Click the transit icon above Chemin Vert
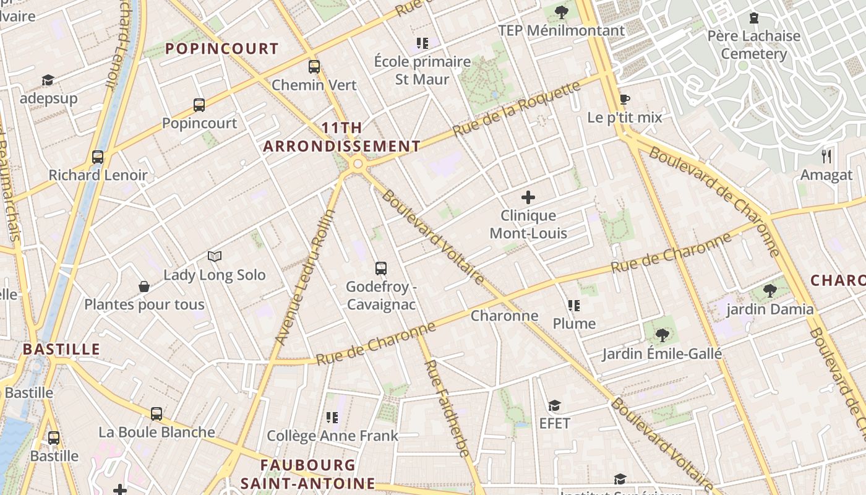click(314, 67)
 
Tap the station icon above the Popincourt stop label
click(199, 105)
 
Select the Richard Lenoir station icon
click(98, 157)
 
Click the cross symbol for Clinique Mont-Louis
click(528, 198)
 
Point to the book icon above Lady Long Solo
click(215, 256)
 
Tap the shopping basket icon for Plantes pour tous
click(144, 286)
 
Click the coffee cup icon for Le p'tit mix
click(625, 100)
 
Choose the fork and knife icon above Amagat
click(826, 156)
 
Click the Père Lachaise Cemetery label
click(753, 45)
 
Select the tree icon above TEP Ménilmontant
click(562, 12)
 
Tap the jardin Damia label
click(770, 309)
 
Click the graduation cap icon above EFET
click(554, 406)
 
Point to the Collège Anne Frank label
click(332, 436)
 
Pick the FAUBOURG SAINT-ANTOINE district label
click(307, 474)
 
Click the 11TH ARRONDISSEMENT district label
click(341, 137)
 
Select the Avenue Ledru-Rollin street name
click(305, 277)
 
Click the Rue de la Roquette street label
click(517, 109)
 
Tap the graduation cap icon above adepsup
click(48, 80)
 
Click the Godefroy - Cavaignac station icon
click(381, 269)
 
